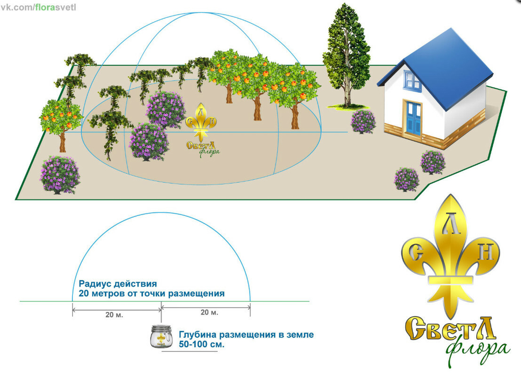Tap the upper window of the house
[412, 80]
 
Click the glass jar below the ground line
[162, 338]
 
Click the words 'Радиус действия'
[118, 284]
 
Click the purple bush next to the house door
[363, 122]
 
